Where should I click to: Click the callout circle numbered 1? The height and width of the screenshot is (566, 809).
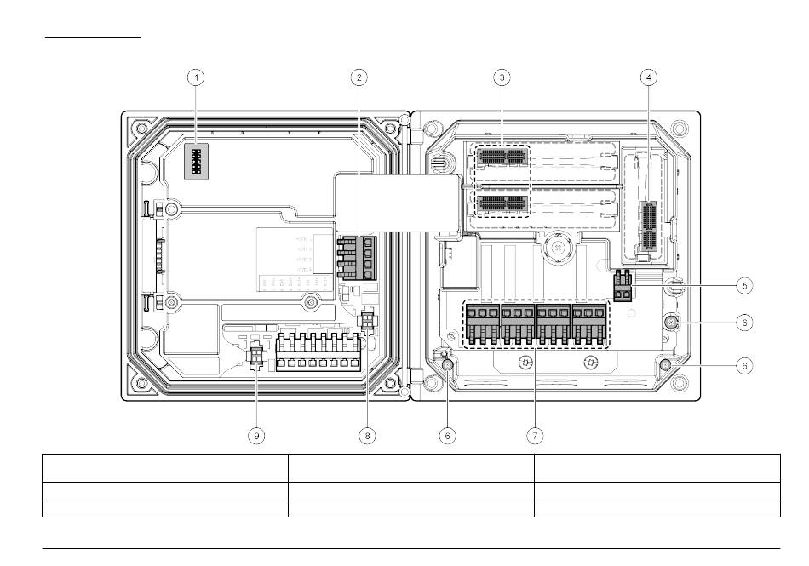click(x=197, y=77)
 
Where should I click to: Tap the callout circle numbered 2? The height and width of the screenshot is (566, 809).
click(x=359, y=77)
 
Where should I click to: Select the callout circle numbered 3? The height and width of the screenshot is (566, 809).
click(x=502, y=77)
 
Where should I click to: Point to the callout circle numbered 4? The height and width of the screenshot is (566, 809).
click(x=649, y=77)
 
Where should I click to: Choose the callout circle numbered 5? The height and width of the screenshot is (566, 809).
click(x=745, y=285)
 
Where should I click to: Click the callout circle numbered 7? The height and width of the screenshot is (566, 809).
click(x=534, y=435)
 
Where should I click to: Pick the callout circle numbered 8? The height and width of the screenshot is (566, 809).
click(x=368, y=435)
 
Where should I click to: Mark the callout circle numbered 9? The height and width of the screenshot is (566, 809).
click(x=256, y=435)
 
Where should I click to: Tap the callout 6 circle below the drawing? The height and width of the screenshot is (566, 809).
click(x=448, y=435)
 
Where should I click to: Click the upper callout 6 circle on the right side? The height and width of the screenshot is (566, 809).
click(x=745, y=323)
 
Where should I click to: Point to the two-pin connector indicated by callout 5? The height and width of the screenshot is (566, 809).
click(x=623, y=285)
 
